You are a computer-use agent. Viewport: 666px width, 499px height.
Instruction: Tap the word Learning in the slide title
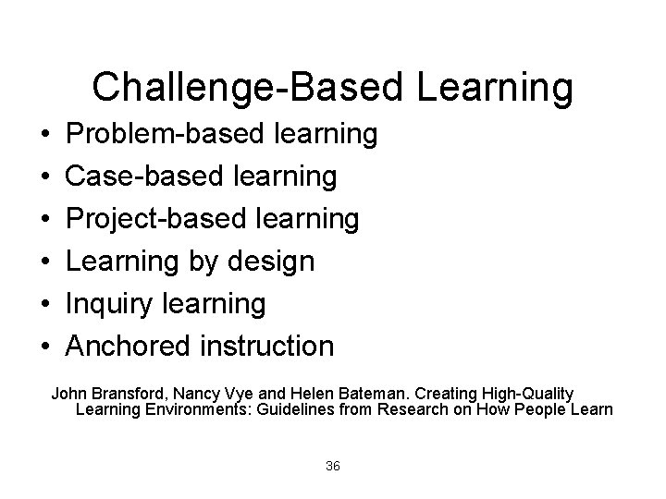coord(495,88)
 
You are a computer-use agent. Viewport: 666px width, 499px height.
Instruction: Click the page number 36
coord(333,466)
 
